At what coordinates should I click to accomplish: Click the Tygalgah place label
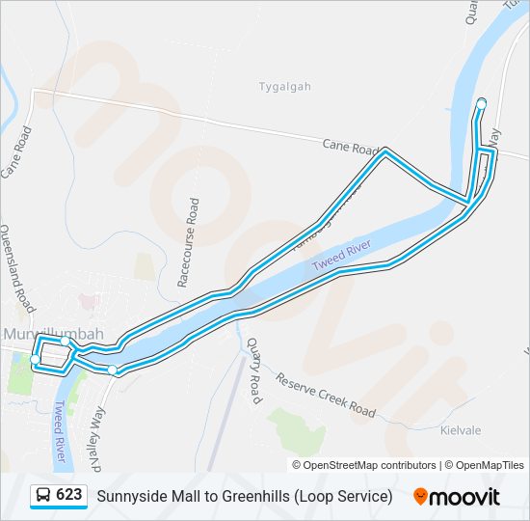tap(284, 87)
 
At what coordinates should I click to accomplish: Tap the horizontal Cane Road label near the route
tap(350, 148)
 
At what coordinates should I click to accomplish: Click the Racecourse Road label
tap(188, 243)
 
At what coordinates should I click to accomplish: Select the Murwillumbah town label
tap(53, 334)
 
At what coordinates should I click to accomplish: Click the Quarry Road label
tap(253, 370)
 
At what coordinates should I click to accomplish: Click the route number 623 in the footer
tap(69, 495)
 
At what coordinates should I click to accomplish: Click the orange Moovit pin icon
tap(420, 496)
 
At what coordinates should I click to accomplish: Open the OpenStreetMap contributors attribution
tap(370, 465)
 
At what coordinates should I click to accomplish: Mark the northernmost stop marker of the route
tap(481, 104)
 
